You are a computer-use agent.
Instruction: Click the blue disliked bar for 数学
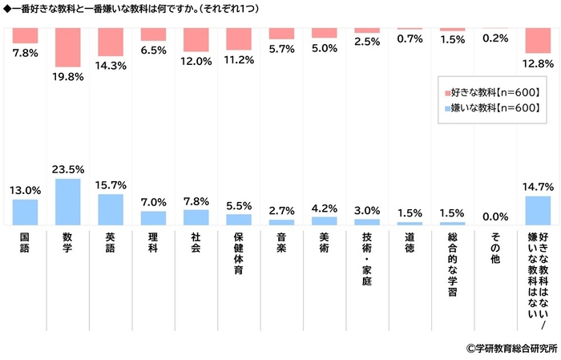click(x=67, y=201)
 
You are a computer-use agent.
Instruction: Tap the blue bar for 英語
click(x=110, y=209)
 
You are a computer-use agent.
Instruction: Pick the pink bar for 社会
click(x=196, y=40)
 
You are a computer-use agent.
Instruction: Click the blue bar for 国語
click(x=25, y=212)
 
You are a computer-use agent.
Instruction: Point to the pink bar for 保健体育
click(x=239, y=38)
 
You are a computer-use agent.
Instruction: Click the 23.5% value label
click(x=68, y=170)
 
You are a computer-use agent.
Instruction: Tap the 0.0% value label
click(x=496, y=216)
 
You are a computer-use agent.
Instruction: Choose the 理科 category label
click(x=153, y=243)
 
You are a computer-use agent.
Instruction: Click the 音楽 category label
click(x=281, y=243)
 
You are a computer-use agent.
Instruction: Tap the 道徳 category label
click(x=410, y=243)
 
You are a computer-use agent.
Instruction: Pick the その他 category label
click(x=496, y=248)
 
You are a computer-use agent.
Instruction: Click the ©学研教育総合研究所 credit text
click(x=511, y=348)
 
